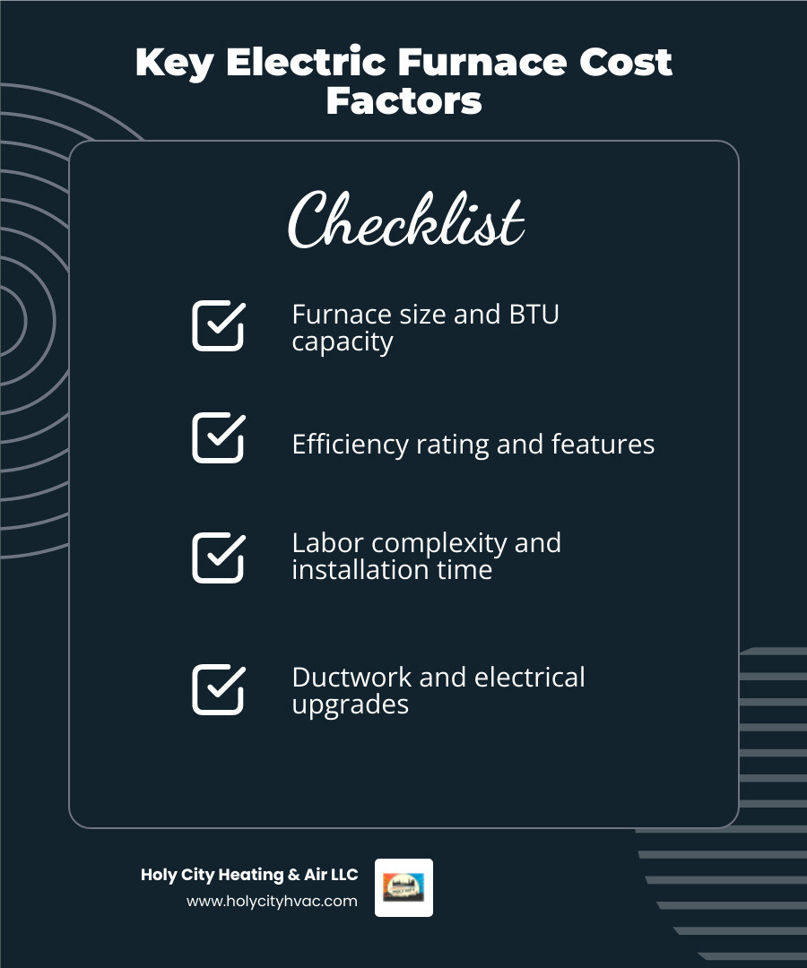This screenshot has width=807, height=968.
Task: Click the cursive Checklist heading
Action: (x=405, y=220)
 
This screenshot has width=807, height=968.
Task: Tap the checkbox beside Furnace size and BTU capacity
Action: (x=218, y=325)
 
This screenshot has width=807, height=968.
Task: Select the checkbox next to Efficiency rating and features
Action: (x=218, y=437)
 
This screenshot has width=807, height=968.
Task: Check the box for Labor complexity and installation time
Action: (x=218, y=557)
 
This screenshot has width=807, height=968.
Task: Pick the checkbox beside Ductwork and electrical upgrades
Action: (x=218, y=689)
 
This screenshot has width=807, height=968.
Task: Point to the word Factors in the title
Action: (x=403, y=101)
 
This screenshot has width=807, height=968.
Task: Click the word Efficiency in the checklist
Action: (x=350, y=445)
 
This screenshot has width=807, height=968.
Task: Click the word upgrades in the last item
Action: (x=350, y=705)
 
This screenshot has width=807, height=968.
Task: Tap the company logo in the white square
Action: (x=403, y=887)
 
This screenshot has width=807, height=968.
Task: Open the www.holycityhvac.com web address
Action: (x=272, y=901)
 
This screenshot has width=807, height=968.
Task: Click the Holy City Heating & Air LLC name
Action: (x=249, y=875)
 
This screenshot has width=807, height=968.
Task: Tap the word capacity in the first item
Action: (x=343, y=342)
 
